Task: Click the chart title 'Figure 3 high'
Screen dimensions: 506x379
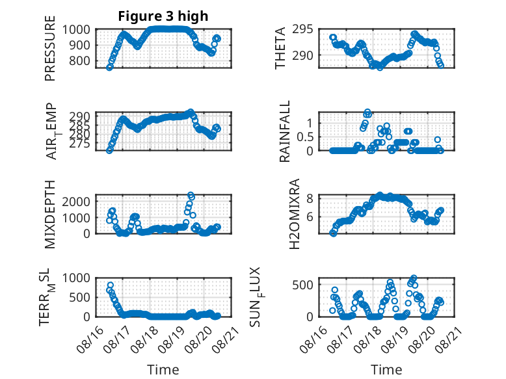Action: [x=163, y=16]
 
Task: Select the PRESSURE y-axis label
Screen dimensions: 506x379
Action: [x=50, y=48]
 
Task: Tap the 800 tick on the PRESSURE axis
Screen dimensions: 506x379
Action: [x=79, y=60]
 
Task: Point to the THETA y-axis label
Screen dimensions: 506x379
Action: [x=280, y=48]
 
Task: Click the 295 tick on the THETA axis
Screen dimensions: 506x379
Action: [x=302, y=29]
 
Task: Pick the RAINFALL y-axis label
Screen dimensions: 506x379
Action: [x=285, y=131]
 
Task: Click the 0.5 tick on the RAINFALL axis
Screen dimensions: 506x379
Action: [x=305, y=137]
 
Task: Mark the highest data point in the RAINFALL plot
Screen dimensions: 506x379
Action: [x=367, y=112]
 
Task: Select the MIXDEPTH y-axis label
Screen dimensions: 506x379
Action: [x=50, y=214]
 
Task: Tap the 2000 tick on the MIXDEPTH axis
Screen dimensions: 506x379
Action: [x=76, y=202]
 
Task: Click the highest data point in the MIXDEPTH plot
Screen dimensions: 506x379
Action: [x=191, y=195]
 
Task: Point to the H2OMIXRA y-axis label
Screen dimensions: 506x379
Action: [x=295, y=214]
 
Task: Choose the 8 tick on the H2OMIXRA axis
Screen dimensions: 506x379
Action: [x=310, y=198]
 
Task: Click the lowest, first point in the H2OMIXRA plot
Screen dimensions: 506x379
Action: [x=333, y=233]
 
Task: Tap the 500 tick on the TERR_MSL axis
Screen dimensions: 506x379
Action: [x=79, y=297]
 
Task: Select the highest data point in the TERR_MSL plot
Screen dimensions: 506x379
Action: [x=111, y=285]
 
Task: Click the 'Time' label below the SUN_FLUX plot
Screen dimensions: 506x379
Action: [x=386, y=370]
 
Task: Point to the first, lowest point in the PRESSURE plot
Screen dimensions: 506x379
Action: [x=109, y=67]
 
